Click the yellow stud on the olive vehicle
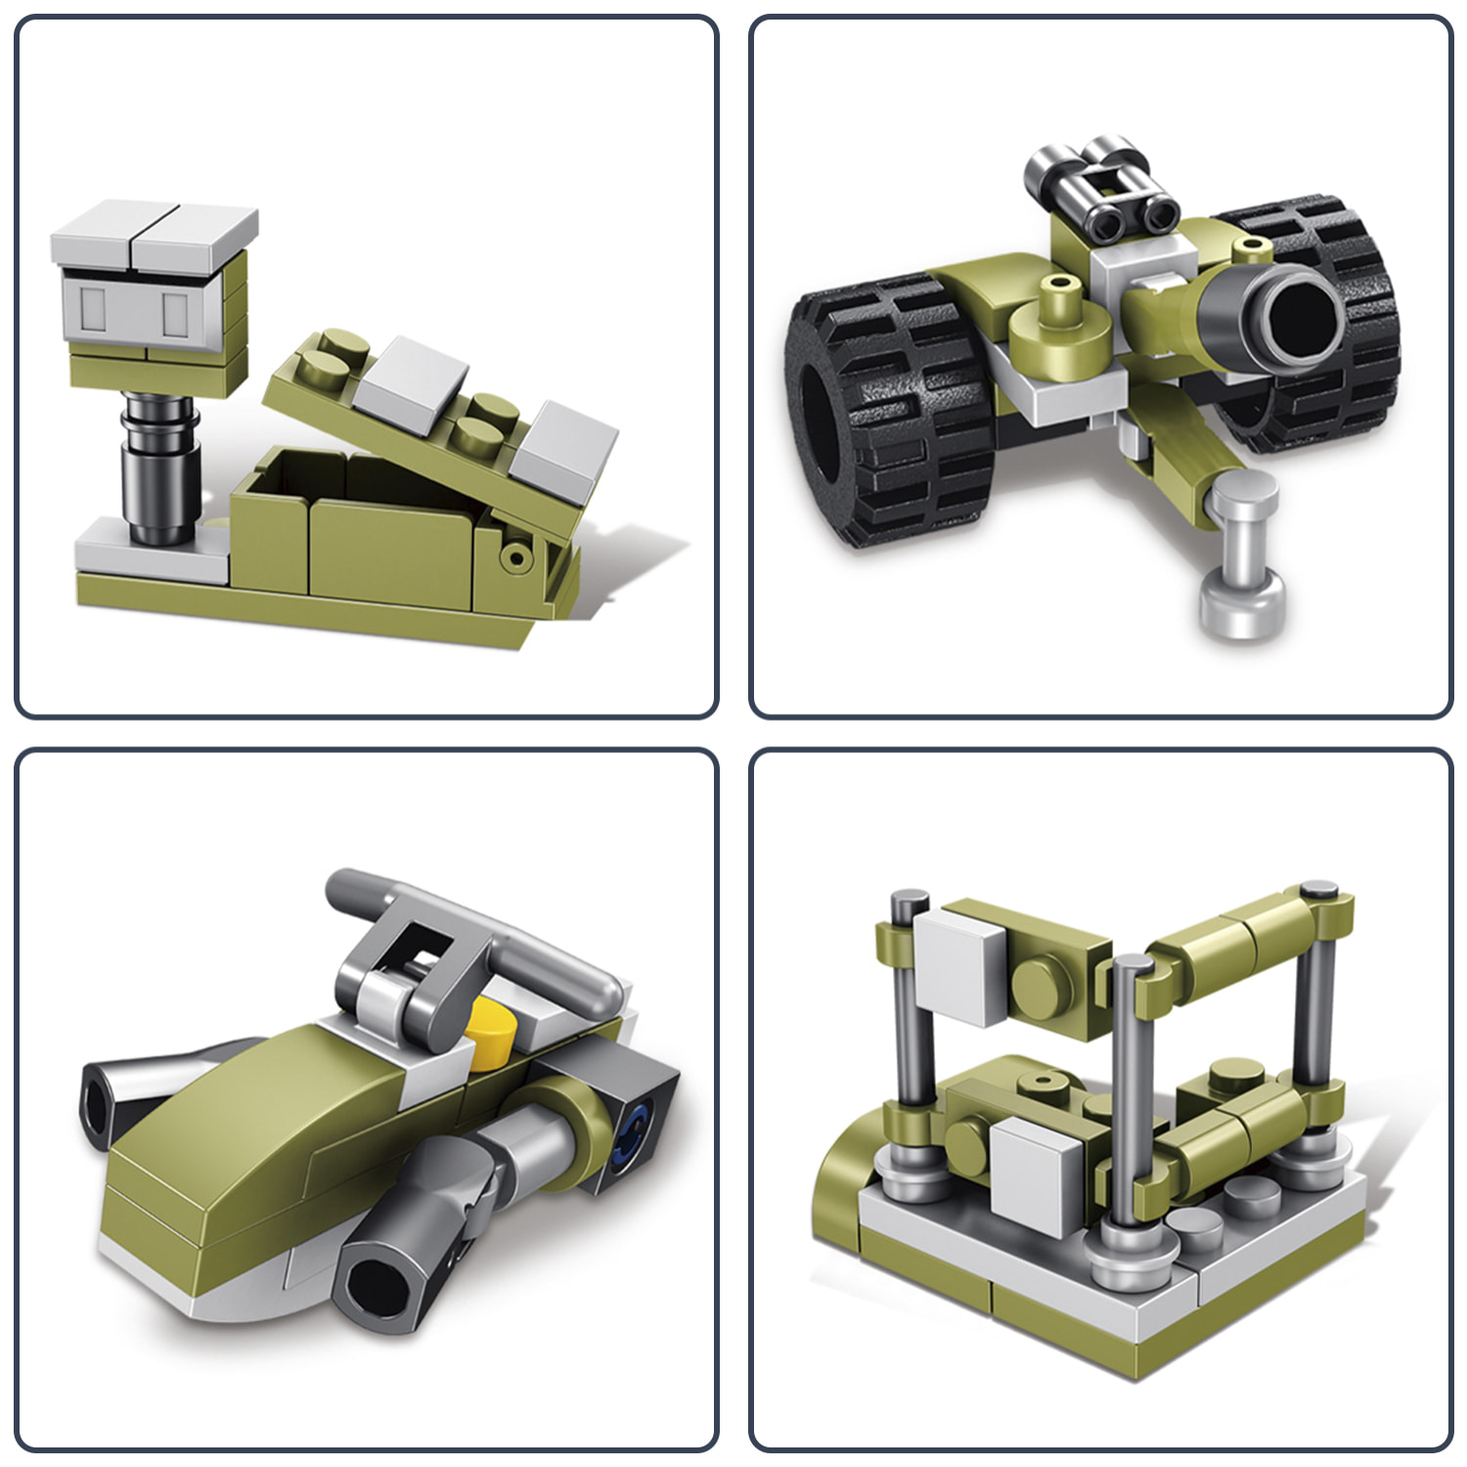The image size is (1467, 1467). [491, 1032]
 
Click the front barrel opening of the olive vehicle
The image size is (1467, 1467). [378, 1281]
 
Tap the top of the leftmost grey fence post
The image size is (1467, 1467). [910, 898]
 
